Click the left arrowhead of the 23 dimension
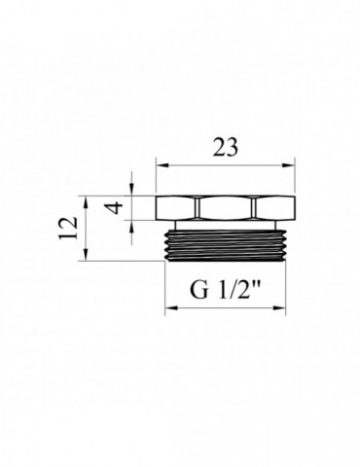[162, 166]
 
